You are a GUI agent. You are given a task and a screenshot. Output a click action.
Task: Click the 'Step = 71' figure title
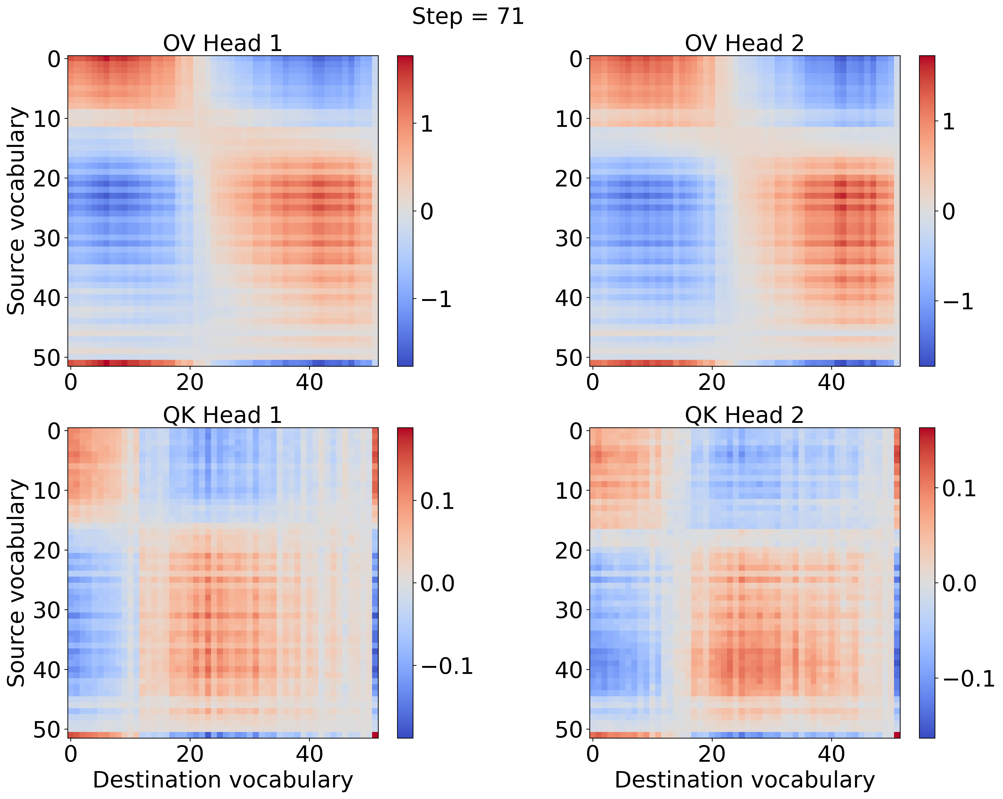coord(468,17)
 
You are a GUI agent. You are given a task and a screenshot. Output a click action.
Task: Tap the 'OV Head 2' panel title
coord(744,44)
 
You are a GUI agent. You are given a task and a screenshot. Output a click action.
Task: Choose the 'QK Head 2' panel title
coord(744,415)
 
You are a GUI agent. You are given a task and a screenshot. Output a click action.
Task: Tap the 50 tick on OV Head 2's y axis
coord(569,358)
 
